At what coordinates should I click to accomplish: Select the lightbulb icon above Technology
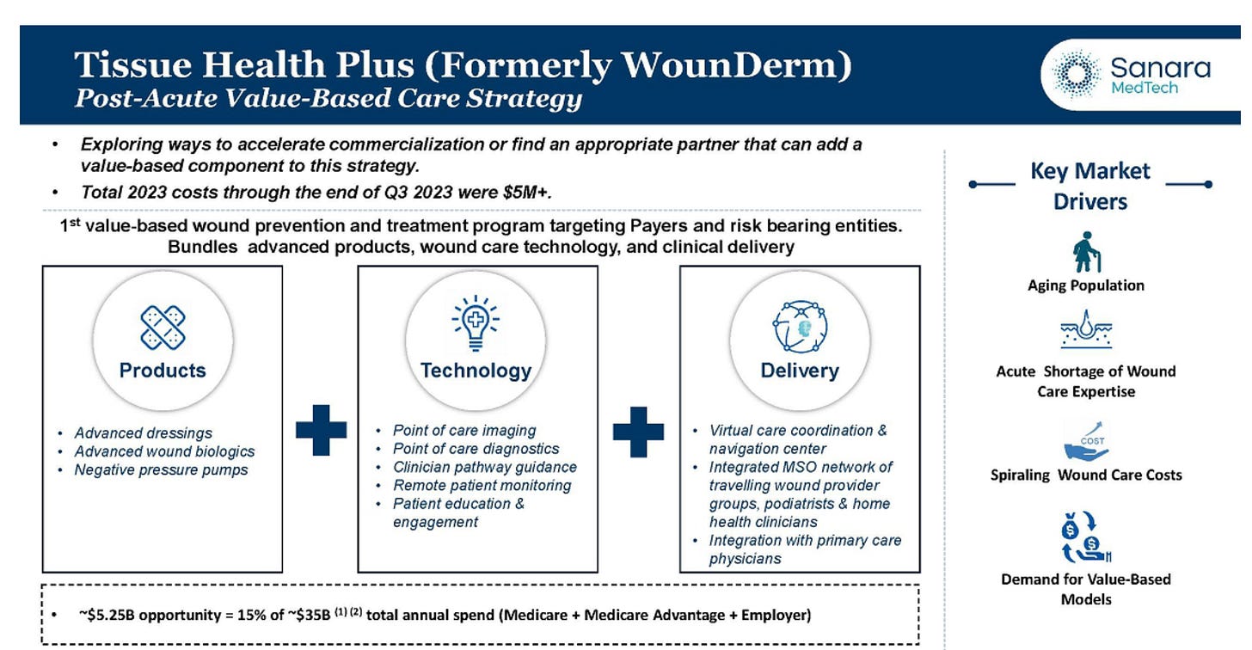click(x=476, y=324)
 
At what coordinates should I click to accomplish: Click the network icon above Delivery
click(x=800, y=327)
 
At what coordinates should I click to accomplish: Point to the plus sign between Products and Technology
click(x=321, y=427)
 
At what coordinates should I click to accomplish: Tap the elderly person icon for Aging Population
click(x=1086, y=252)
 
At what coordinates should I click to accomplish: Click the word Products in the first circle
click(x=163, y=371)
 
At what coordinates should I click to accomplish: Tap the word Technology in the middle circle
click(x=476, y=371)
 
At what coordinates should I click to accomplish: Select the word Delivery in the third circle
click(x=800, y=371)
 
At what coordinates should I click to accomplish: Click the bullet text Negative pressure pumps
click(x=161, y=470)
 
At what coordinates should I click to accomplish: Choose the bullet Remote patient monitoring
click(x=482, y=486)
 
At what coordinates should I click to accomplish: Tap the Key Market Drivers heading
click(x=1089, y=186)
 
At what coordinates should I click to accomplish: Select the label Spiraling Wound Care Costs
click(x=1085, y=475)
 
